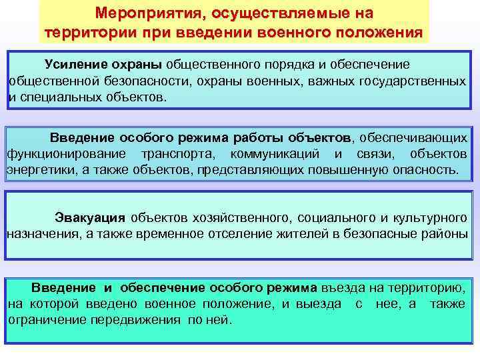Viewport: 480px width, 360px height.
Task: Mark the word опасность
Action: [x=424, y=170]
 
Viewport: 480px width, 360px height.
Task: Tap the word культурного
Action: [x=428, y=217]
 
